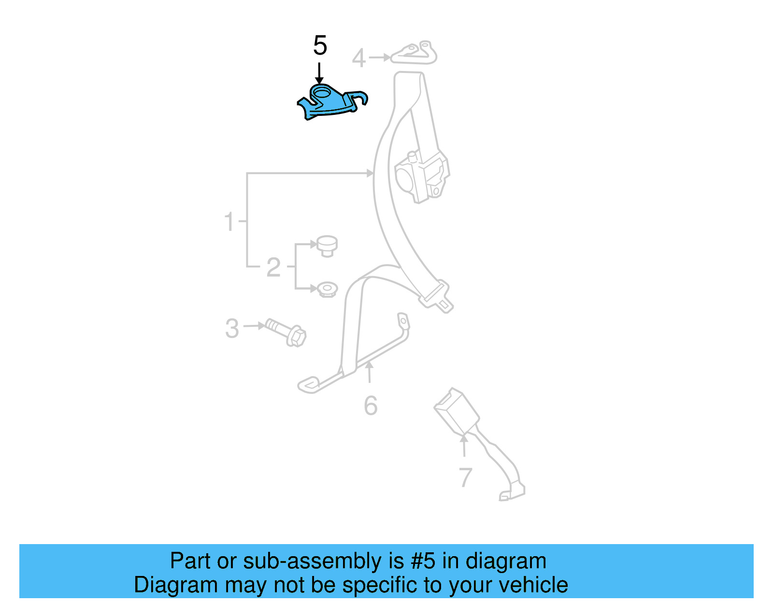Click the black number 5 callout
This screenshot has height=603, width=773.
(320, 46)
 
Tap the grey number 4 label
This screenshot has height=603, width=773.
(358, 58)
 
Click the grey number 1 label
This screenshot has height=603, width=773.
(229, 222)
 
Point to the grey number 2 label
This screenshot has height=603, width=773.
(273, 267)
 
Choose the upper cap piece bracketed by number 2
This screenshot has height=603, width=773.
(327, 245)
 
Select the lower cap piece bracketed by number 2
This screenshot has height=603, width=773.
(327, 289)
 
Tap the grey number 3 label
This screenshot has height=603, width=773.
(232, 328)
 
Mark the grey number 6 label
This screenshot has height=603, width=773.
(371, 406)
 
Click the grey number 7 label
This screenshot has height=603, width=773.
(465, 477)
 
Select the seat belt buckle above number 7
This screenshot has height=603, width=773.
(457, 411)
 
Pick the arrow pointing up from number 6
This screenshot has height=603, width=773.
(370, 372)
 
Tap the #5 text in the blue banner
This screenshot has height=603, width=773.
(423, 561)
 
